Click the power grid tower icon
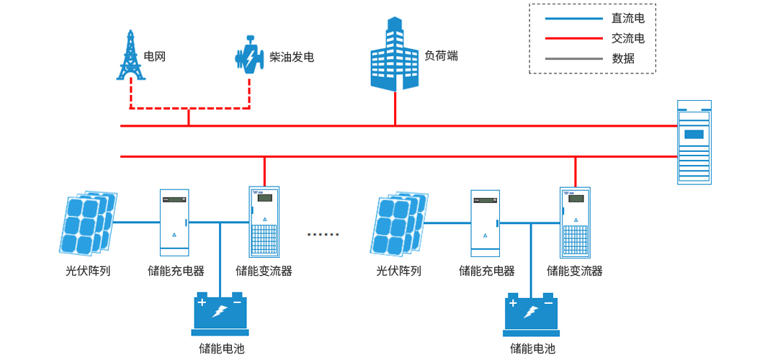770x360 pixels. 130,55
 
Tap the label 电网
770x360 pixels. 155,56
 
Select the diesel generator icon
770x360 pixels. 249,55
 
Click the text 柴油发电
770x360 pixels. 292,57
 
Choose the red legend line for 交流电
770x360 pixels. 573,39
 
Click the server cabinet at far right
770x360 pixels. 694,142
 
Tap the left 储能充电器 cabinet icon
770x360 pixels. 174,222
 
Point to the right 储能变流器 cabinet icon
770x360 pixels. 575,222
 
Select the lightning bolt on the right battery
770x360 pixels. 532,312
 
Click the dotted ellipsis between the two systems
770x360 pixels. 323,235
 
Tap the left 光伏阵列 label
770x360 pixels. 87,271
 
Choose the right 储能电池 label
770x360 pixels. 532,348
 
